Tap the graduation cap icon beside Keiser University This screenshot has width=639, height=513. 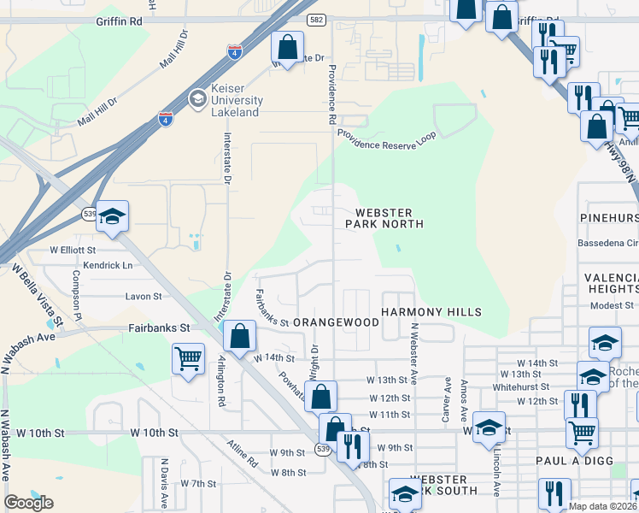point(198,99)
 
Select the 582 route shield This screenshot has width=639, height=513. point(315,19)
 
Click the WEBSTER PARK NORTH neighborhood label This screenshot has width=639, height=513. point(384,218)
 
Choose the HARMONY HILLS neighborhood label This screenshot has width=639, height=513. point(431,313)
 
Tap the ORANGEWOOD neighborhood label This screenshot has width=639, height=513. point(336,322)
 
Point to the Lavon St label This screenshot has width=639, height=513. point(144,297)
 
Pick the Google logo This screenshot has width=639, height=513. point(28,503)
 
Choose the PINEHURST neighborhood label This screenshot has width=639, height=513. point(610,219)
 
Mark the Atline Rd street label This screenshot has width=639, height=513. point(242,452)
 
